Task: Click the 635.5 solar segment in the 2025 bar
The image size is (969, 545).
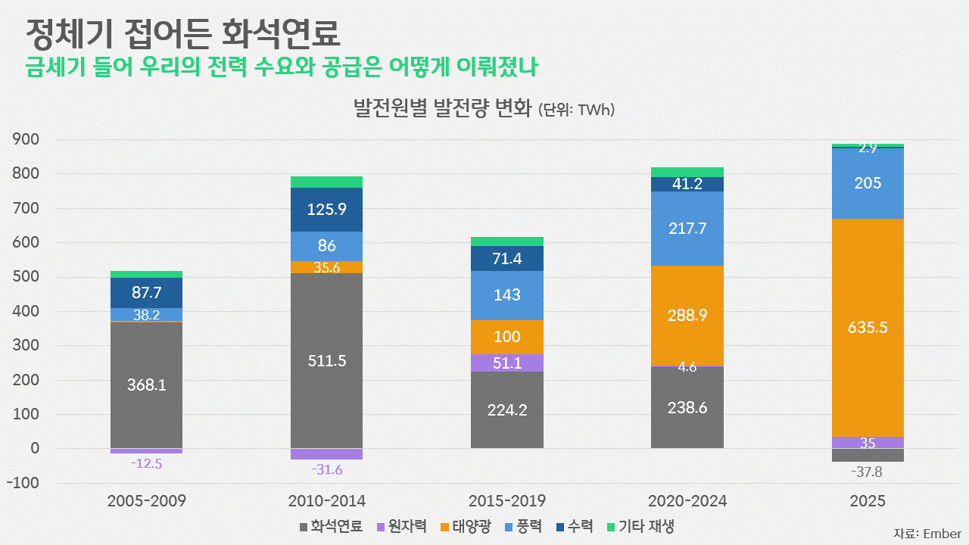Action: click(x=868, y=328)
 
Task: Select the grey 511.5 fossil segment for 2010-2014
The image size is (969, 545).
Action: click(x=326, y=361)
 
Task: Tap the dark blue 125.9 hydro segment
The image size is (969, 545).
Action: click(x=326, y=210)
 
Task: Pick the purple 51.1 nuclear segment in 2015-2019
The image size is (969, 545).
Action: click(x=507, y=363)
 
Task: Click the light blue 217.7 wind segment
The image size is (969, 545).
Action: click(x=687, y=229)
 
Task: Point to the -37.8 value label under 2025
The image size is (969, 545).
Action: click(x=867, y=472)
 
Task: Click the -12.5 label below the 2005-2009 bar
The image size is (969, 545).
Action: click(x=146, y=464)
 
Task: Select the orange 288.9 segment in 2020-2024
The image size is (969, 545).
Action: click(x=687, y=316)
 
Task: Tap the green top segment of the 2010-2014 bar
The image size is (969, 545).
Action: click(x=326, y=182)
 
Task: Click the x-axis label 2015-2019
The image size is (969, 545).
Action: click(x=507, y=501)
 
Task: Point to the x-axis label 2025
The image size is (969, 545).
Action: click(x=868, y=501)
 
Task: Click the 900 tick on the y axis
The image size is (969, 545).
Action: click(x=26, y=139)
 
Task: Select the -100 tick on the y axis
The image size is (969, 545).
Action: click(x=23, y=483)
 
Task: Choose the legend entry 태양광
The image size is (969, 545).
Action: click(x=466, y=527)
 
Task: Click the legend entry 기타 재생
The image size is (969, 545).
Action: click(x=640, y=527)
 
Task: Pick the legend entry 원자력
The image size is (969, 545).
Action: click(x=402, y=527)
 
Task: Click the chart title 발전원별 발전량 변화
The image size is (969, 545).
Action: click(x=442, y=108)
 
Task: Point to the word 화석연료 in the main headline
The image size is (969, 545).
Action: click(x=280, y=33)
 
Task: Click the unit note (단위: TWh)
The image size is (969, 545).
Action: click(x=576, y=110)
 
